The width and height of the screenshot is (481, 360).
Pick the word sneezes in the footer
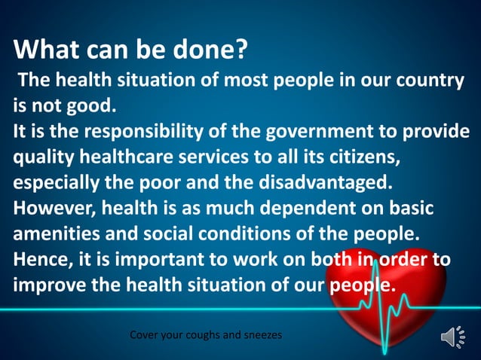pyautogui.click(x=260, y=334)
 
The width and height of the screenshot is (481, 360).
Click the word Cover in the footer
pyautogui.click(x=146, y=334)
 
